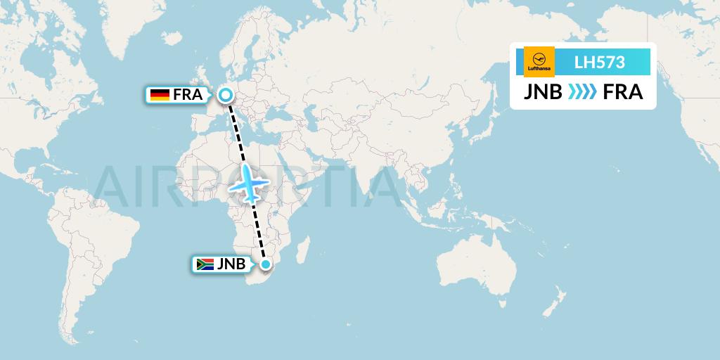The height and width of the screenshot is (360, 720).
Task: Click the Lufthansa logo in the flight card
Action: point(539,61)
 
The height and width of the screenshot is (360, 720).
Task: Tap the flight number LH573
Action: point(599,62)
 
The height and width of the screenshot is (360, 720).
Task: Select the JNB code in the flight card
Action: point(542,92)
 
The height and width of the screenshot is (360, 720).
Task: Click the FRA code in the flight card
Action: point(623,92)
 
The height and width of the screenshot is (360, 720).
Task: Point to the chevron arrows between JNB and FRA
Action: point(582,92)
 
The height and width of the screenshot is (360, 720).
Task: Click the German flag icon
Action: point(160,95)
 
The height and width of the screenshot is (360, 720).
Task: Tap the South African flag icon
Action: point(205,264)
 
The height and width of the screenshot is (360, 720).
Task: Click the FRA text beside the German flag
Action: point(188,95)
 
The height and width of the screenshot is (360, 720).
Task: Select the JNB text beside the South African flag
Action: point(231,264)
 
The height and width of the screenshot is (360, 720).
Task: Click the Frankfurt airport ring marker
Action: point(226,94)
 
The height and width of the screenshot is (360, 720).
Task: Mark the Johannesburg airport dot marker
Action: point(266,264)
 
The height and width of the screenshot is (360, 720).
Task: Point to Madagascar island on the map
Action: point(303,250)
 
